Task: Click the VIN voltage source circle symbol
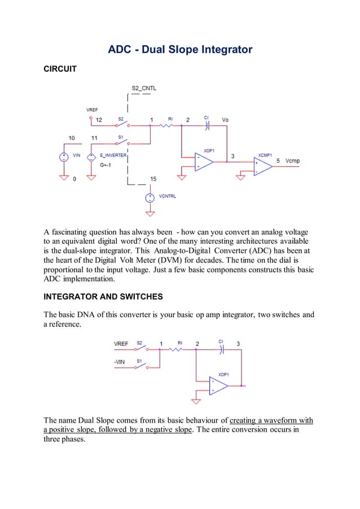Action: [x=64, y=157]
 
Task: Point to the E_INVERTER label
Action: [x=113, y=154]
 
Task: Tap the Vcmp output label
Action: [x=293, y=161]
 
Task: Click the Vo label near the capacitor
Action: [x=225, y=120]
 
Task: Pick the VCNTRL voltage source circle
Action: [x=150, y=198]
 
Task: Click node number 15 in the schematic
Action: [x=153, y=179]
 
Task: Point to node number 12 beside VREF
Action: [x=99, y=120]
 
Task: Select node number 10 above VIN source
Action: [x=71, y=137]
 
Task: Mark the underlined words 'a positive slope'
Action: [x=72, y=429]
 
